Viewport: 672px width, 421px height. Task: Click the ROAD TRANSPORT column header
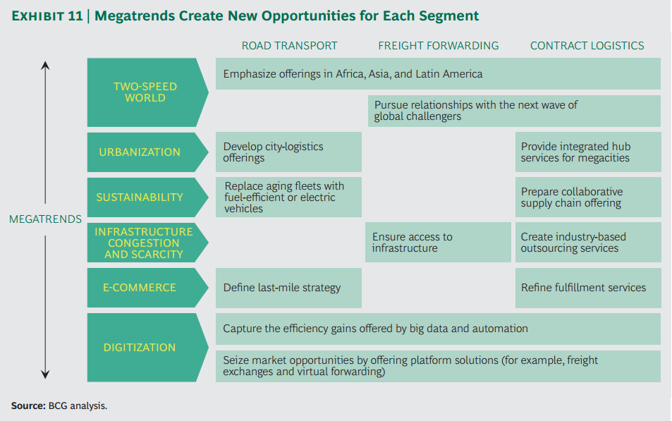click(289, 46)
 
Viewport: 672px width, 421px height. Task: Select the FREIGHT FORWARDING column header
click(438, 46)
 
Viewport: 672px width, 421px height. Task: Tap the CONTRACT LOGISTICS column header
click(587, 46)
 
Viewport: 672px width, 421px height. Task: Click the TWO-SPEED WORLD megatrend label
click(145, 92)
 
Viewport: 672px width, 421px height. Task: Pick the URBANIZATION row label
click(139, 152)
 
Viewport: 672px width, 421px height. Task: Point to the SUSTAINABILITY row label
click(139, 197)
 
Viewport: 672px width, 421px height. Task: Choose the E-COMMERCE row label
click(139, 288)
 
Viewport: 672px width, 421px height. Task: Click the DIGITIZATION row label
click(139, 348)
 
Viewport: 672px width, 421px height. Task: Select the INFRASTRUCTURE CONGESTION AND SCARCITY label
click(143, 243)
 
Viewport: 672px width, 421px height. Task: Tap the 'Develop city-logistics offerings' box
click(288, 152)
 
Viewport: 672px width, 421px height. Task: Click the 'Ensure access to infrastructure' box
click(437, 243)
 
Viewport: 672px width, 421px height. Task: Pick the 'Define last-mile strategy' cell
click(288, 288)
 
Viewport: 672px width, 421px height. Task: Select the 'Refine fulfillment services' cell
click(587, 288)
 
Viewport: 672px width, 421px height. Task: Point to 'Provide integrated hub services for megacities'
click(587, 152)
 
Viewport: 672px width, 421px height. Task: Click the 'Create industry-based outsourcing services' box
click(587, 243)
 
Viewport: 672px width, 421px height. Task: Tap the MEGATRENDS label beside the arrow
click(45, 219)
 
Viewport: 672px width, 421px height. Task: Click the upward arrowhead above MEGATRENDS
click(45, 66)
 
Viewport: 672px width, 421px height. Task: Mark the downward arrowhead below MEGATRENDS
click(45, 374)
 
